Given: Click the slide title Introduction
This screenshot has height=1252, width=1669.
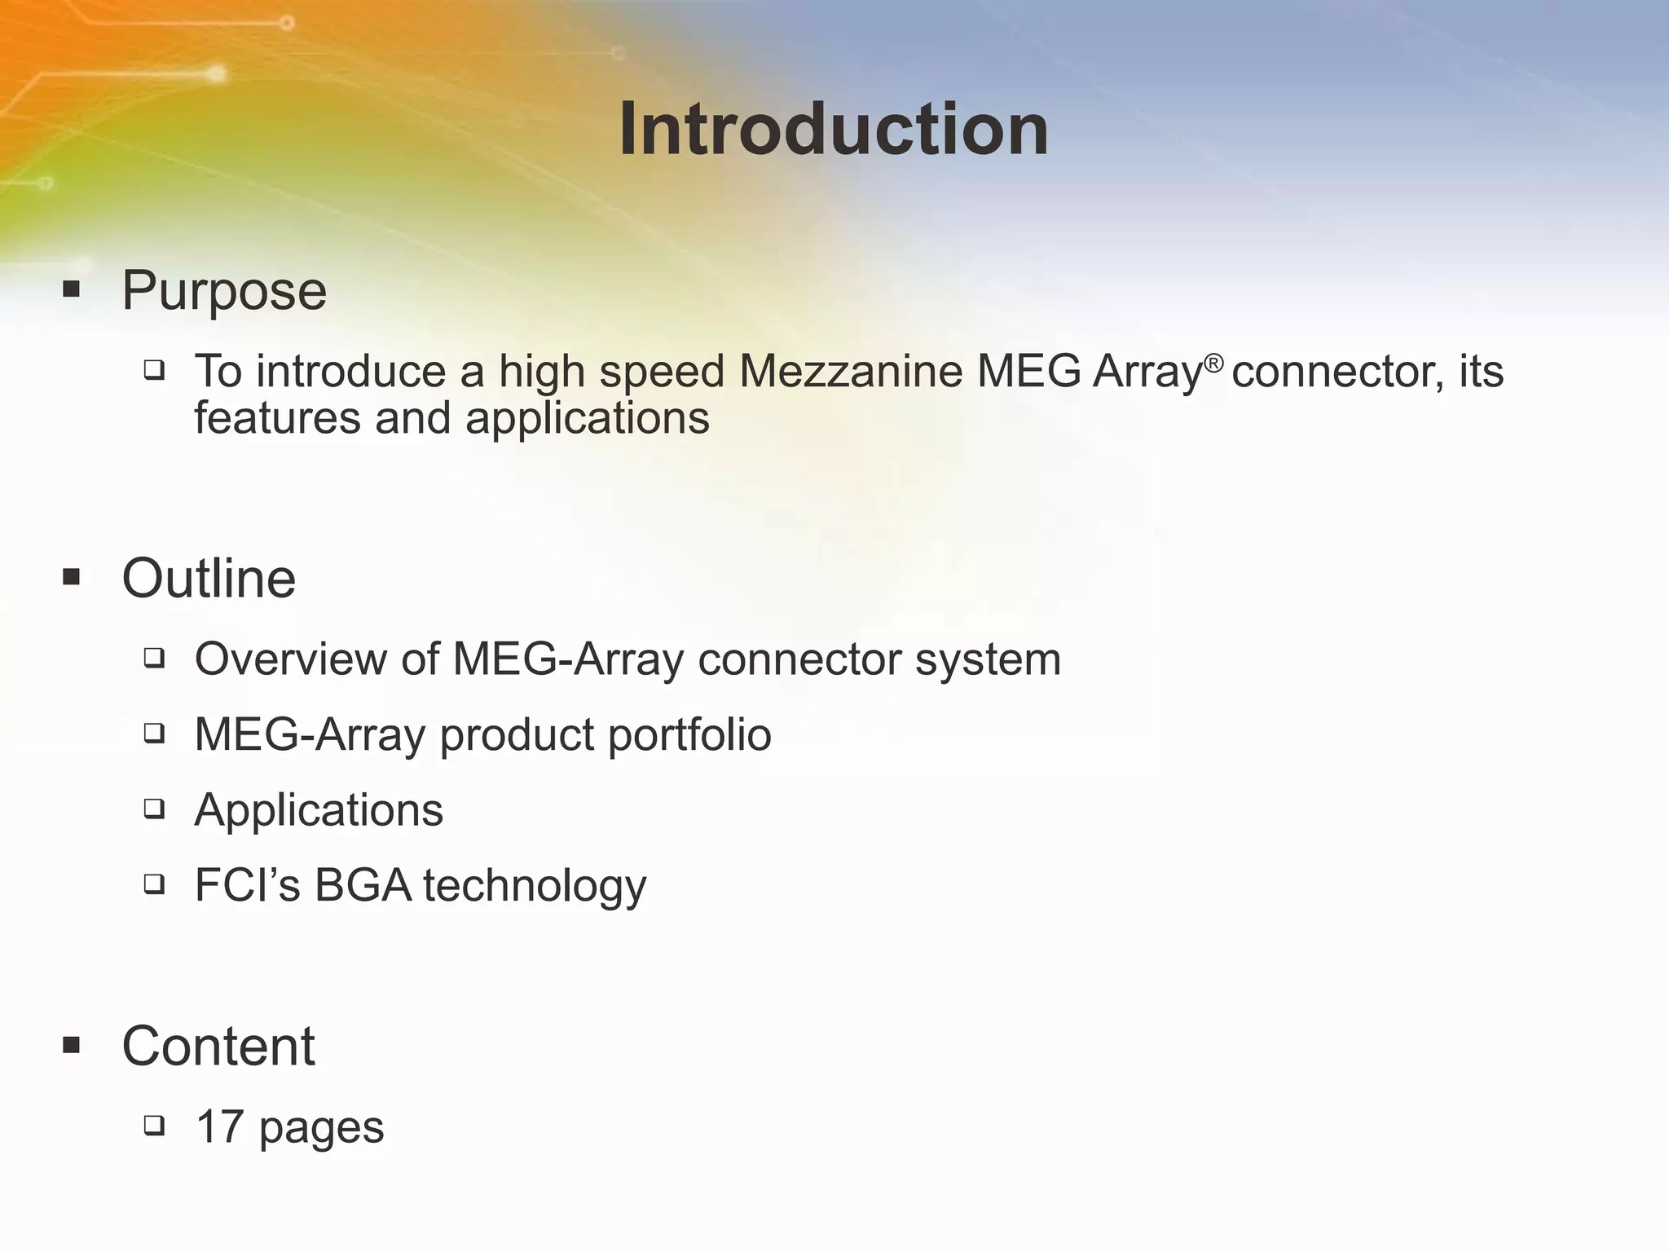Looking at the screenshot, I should [x=834, y=130].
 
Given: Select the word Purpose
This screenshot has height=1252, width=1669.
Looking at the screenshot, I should [x=224, y=291].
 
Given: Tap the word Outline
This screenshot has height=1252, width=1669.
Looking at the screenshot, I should [x=209, y=579].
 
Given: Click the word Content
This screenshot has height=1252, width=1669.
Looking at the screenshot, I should [x=218, y=1046].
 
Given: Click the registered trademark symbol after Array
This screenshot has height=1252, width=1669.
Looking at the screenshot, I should [x=1214, y=363].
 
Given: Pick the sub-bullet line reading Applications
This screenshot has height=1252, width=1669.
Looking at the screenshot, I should [x=319, y=810].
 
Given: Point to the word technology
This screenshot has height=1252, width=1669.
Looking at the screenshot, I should [x=535, y=887].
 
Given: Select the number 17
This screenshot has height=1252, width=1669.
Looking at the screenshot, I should [x=220, y=1127].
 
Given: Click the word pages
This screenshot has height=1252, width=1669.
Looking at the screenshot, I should [x=321, y=1129].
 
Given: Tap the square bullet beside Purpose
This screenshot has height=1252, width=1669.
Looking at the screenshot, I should [x=72, y=289].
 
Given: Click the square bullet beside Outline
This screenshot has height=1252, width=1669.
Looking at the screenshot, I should [x=72, y=578].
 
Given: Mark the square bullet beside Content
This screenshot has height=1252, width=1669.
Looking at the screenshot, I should [x=72, y=1045].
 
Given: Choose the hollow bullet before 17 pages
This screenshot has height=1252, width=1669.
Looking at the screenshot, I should [x=154, y=1126].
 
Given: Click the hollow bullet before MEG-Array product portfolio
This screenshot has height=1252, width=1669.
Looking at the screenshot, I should [x=154, y=733].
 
